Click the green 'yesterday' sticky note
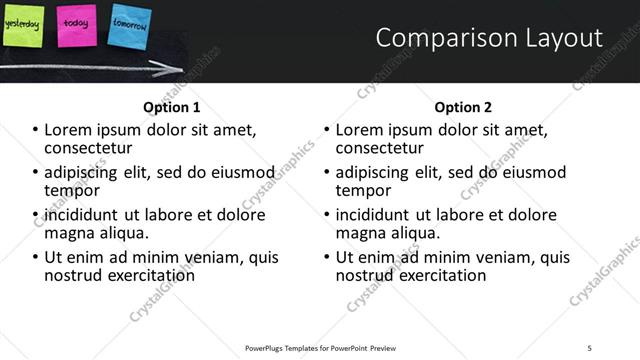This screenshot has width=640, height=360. pyautogui.click(x=22, y=24)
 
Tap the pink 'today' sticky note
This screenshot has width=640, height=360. pyautogui.click(x=76, y=24)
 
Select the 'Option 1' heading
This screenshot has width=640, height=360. pyautogui.click(x=172, y=107)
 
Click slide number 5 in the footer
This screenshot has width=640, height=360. pyautogui.click(x=589, y=347)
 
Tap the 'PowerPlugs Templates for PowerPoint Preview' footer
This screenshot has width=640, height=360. pyautogui.click(x=320, y=347)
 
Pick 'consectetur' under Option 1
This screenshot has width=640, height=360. pyautogui.click(x=92, y=149)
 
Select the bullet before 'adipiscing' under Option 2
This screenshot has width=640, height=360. pyautogui.click(x=327, y=173)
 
